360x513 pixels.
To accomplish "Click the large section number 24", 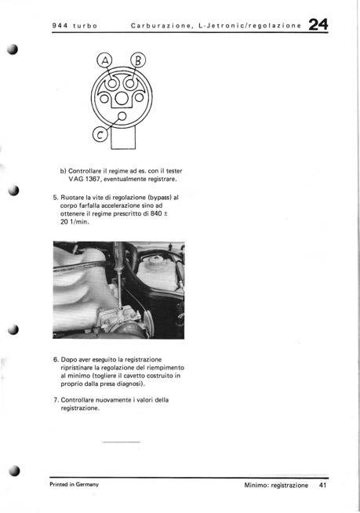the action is pyautogui.click(x=318, y=24).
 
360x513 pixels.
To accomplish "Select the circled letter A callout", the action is pyautogui.click(x=105, y=60).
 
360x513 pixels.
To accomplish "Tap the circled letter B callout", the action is pyautogui.click(x=138, y=60).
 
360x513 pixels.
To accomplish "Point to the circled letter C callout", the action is pyautogui.click(x=100, y=134).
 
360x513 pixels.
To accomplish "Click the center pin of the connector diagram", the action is pyautogui.click(x=122, y=98).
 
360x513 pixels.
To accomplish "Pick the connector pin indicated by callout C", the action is pyautogui.click(x=122, y=116).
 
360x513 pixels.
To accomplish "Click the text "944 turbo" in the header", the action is pyautogui.click(x=75, y=26).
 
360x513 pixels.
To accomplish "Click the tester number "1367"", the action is pyautogui.click(x=92, y=179).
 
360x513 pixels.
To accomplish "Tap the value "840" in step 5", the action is pyautogui.click(x=156, y=213).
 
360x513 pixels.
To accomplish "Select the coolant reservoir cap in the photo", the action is pyautogui.click(x=156, y=261).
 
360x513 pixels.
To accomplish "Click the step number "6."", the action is pyautogui.click(x=56, y=359).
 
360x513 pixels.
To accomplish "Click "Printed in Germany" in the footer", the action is pyautogui.click(x=74, y=485).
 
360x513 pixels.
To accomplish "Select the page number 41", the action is pyautogui.click(x=322, y=486).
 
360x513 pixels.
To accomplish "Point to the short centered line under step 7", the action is pyautogui.click(x=121, y=442).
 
